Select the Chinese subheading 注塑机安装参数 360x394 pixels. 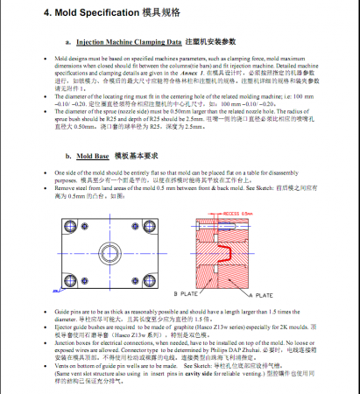pyautogui.click(x=215, y=41)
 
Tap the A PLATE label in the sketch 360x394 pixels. pyautogui.click(x=263, y=295)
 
